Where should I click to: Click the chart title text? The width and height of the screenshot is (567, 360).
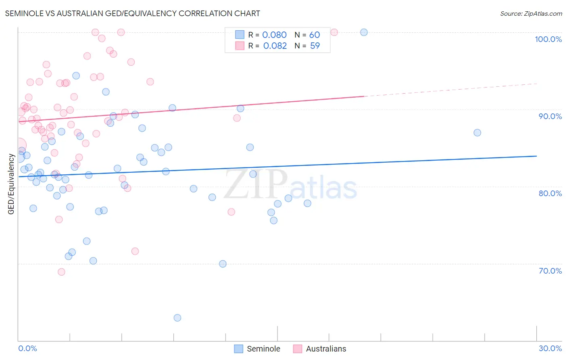pyautogui.click(x=132, y=13)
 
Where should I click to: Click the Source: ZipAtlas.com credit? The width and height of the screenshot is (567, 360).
pyautogui.click(x=531, y=13)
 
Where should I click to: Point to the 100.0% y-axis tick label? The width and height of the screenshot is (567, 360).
pyautogui.click(x=548, y=39)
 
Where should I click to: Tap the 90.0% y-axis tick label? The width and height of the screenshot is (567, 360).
pyautogui.click(x=550, y=116)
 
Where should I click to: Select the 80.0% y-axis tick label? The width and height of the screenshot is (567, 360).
pyautogui.click(x=550, y=193)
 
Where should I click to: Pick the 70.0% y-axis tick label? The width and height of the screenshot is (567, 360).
pyautogui.click(x=550, y=270)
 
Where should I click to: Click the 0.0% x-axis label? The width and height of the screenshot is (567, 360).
pyautogui.click(x=27, y=348)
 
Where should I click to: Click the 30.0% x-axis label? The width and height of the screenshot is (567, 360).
pyautogui.click(x=550, y=348)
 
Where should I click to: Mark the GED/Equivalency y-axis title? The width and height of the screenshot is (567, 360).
pyautogui.click(x=11, y=184)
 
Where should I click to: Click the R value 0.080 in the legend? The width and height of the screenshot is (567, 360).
pyautogui.click(x=274, y=35)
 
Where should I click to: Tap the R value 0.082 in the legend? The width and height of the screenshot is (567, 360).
pyautogui.click(x=275, y=46)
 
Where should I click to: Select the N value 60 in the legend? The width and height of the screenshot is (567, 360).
pyautogui.click(x=315, y=35)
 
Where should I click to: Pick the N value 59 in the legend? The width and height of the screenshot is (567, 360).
pyautogui.click(x=315, y=46)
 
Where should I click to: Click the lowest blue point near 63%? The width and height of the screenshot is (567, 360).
pyautogui.click(x=177, y=318)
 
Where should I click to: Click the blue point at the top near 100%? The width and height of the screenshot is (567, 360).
pyautogui.click(x=364, y=32)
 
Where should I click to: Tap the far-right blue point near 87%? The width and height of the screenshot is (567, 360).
pyautogui.click(x=477, y=132)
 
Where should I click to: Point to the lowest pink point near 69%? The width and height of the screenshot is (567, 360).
pyautogui.click(x=61, y=272)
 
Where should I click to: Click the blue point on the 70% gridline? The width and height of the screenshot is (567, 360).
pyautogui.click(x=223, y=264)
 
